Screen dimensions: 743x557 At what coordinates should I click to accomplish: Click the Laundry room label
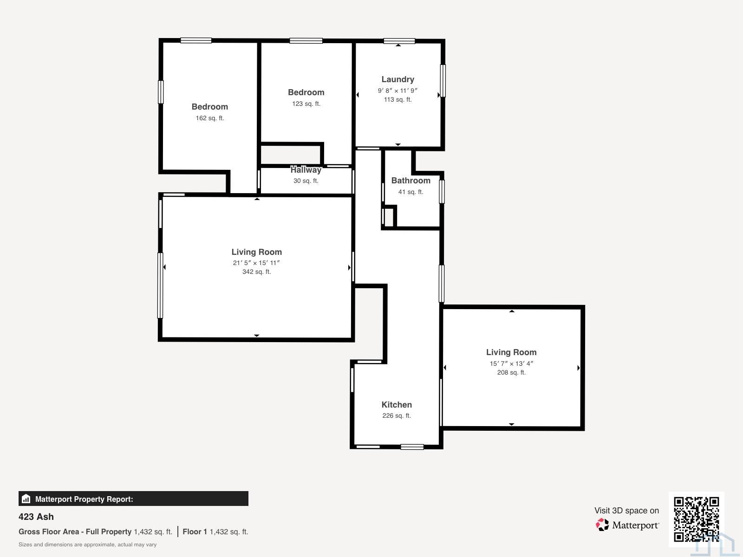398,79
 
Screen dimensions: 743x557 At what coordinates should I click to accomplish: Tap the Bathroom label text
411,181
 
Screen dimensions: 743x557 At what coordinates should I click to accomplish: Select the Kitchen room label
397,404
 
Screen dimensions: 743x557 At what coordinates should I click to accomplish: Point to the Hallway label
306,170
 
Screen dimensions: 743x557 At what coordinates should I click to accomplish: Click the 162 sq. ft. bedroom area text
210,118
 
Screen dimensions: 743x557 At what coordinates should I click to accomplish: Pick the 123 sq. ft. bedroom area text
306,104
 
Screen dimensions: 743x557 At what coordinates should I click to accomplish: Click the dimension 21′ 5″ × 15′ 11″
256,263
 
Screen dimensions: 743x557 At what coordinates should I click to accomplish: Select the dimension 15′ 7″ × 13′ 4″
511,363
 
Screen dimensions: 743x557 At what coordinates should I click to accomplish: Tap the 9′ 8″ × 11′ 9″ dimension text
398,91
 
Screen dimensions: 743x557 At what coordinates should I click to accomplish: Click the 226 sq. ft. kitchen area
397,415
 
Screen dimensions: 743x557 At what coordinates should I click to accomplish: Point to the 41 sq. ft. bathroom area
411,192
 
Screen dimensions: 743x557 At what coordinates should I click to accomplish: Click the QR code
696,519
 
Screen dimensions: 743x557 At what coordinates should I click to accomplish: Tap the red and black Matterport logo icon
602,525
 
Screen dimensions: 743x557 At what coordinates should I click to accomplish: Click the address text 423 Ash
36,517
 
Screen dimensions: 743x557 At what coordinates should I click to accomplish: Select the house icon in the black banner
26,499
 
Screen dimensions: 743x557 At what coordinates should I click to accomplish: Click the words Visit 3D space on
626,511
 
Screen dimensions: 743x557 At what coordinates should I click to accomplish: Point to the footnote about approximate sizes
87,544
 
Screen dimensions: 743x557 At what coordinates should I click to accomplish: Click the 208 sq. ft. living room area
511,372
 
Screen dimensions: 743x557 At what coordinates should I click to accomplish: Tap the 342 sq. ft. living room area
256,272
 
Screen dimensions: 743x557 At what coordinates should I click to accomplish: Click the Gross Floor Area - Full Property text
75,531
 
